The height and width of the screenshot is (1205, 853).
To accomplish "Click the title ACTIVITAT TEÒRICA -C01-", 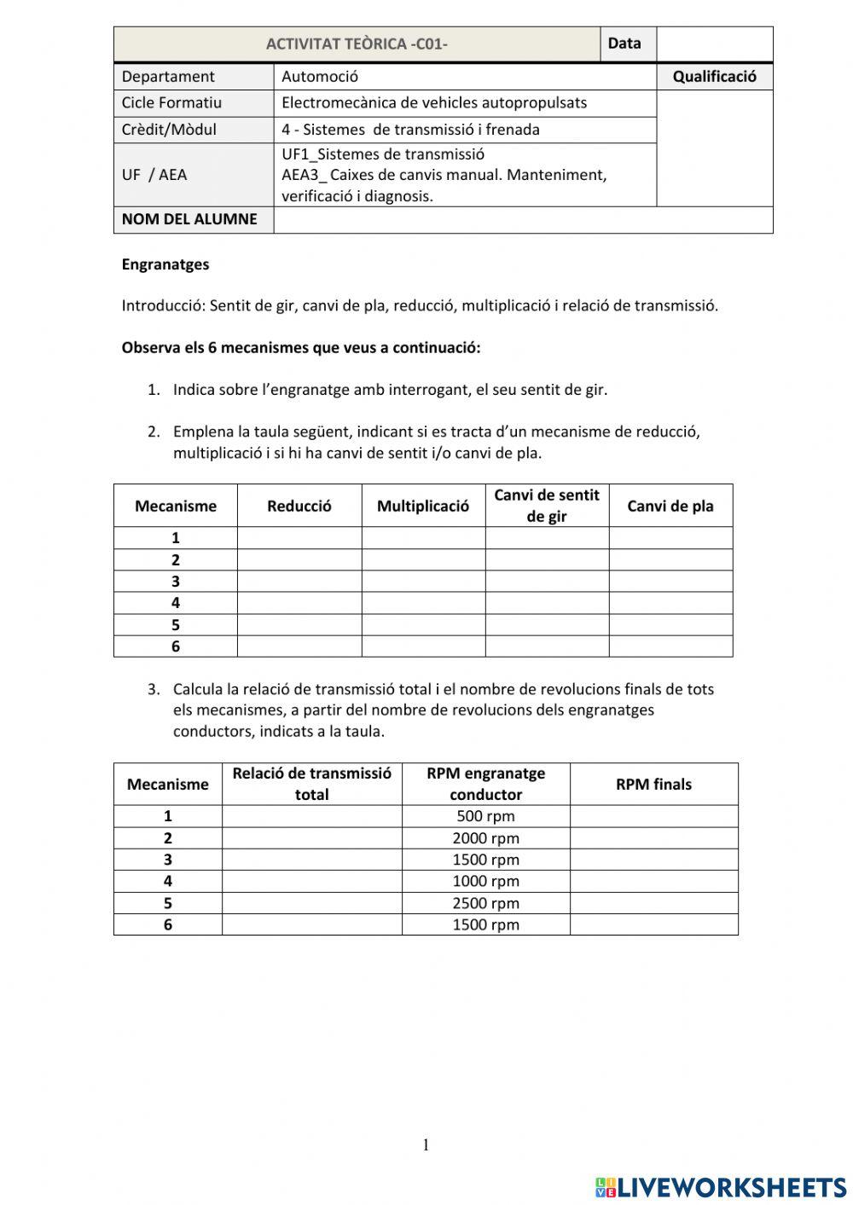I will pyautogui.click(x=357, y=44).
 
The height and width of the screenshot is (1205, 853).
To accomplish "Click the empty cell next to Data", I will pyautogui.click(x=714, y=44).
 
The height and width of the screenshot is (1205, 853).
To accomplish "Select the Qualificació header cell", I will pyautogui.click(x=714, y=77).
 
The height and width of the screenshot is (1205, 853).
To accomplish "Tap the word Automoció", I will pyautogui.click(x=320, y=77).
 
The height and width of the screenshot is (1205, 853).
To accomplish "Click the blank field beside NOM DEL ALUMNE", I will pyautogui.click(x=522, y=220).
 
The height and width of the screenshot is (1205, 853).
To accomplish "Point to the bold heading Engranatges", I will pyautogui.click(x=165, y=264).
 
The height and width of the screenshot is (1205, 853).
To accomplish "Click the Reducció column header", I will pyautogui.click(x=299, y=506).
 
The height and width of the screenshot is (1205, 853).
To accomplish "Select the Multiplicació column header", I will pyautogui.click(x=423, y=506).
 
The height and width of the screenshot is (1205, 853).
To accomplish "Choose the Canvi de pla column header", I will pyautogui.click(x=670, y=506).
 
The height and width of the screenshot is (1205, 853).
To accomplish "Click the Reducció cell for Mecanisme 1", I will pyautogui.click(x=299, y=538).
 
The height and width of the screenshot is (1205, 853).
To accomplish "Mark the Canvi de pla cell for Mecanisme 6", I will pyautogui.click(x=670, y=646).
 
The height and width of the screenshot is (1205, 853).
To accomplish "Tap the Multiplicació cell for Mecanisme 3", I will pyautogui.click(x=423, y=582).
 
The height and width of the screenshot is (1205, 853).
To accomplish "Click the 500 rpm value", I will pyautogui.click(x=485, y=816).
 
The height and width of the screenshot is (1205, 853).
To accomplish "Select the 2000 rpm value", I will pyautogui.click(x=485, y=838).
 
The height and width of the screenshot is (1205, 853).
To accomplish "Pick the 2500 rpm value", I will pyautogui.click(x=485, y=903).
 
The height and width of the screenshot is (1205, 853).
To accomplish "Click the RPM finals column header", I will pyautogui.click(x=653, y=785).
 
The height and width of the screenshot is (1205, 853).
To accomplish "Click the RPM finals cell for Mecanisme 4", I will pyautogui.click(x=653, y=882).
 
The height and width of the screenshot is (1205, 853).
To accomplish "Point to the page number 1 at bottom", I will pyautogui.click(x=426, y=1145).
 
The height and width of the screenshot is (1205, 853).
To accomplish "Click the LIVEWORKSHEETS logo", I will pyautogui.click(x=721, y=1187).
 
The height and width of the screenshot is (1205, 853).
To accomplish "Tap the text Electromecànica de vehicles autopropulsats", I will pyautogui.click(x=434, y=103).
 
